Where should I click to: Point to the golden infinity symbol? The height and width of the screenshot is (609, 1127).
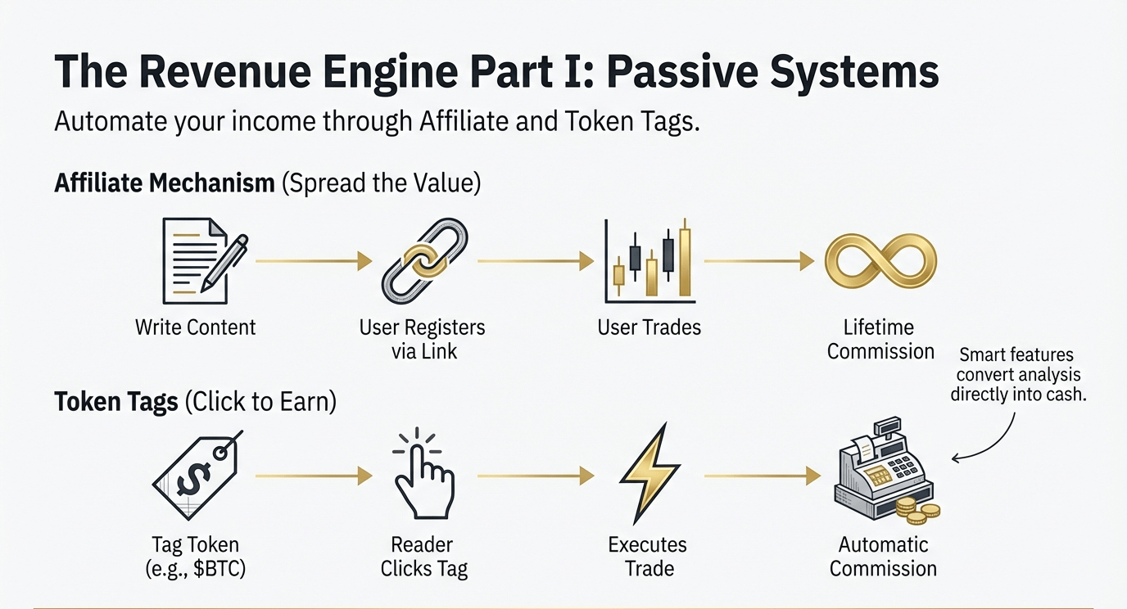(x=880, y=261)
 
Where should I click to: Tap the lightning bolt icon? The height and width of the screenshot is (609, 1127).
(x=650, y=476)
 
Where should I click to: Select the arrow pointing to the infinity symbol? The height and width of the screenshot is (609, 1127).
(x=758, y=262)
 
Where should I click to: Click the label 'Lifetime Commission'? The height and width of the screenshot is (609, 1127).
(x=880, y=340)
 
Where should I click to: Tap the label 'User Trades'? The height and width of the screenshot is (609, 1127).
(x=649, y=327)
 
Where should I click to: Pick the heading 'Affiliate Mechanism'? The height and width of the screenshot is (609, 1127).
(x=165, y=183)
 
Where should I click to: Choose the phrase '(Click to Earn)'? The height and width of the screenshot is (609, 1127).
(x=260, y=403)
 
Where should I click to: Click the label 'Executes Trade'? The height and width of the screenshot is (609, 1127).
(x=649, y=557)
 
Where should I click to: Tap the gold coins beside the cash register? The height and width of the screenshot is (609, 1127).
(x=917, y=512)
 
